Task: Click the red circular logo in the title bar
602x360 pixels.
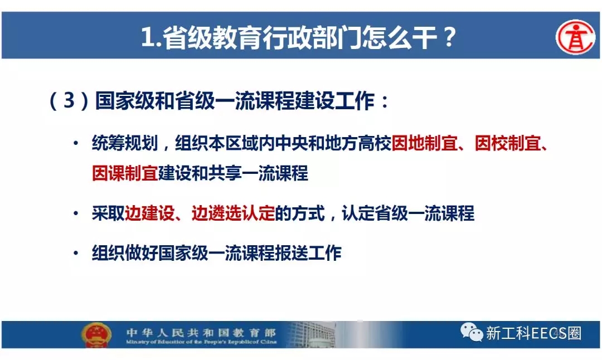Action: click(x=575, y=37)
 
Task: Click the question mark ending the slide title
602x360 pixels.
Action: click(x=449, y=37)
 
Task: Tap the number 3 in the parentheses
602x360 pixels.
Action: click(x=69, y=100)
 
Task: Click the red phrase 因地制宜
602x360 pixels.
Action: click(x=424, y=144)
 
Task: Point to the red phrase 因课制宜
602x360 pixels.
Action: click(x=125, y=173)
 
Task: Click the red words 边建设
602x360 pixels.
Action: click(x=150, y=213)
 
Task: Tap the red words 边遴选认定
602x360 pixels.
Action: click(x=233, y=213)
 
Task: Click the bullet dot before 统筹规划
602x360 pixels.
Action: click(x=76, y=144)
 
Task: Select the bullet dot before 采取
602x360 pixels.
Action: click(x=76, y=214)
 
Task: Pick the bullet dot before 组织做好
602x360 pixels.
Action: click(x=76, y=254)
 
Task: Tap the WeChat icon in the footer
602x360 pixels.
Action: click(x=472, y=332)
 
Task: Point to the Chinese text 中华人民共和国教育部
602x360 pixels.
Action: click(x=201, y=332)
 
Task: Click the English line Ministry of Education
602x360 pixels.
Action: click(x=201, y=342)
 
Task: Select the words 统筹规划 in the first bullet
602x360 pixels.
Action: click(x=125, y=144)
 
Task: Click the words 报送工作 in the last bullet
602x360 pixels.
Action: click(x=308, y=253)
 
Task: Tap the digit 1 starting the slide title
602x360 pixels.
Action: click(x=147, y=37)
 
